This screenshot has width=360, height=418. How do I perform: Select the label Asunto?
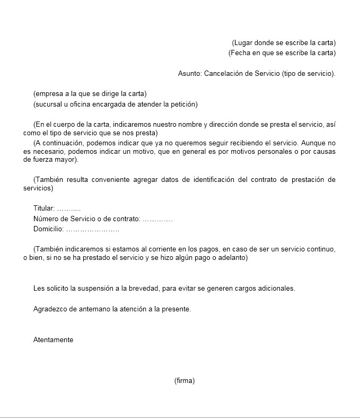point(190,74)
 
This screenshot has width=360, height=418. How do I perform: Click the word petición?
point(183,104)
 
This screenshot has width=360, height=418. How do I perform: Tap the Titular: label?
point(44,208)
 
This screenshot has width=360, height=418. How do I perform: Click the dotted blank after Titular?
point(68,208)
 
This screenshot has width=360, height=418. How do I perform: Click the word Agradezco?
point(50,309)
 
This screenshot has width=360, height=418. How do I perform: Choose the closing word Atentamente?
point(53,340)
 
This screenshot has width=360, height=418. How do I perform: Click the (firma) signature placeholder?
point(185,381)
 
